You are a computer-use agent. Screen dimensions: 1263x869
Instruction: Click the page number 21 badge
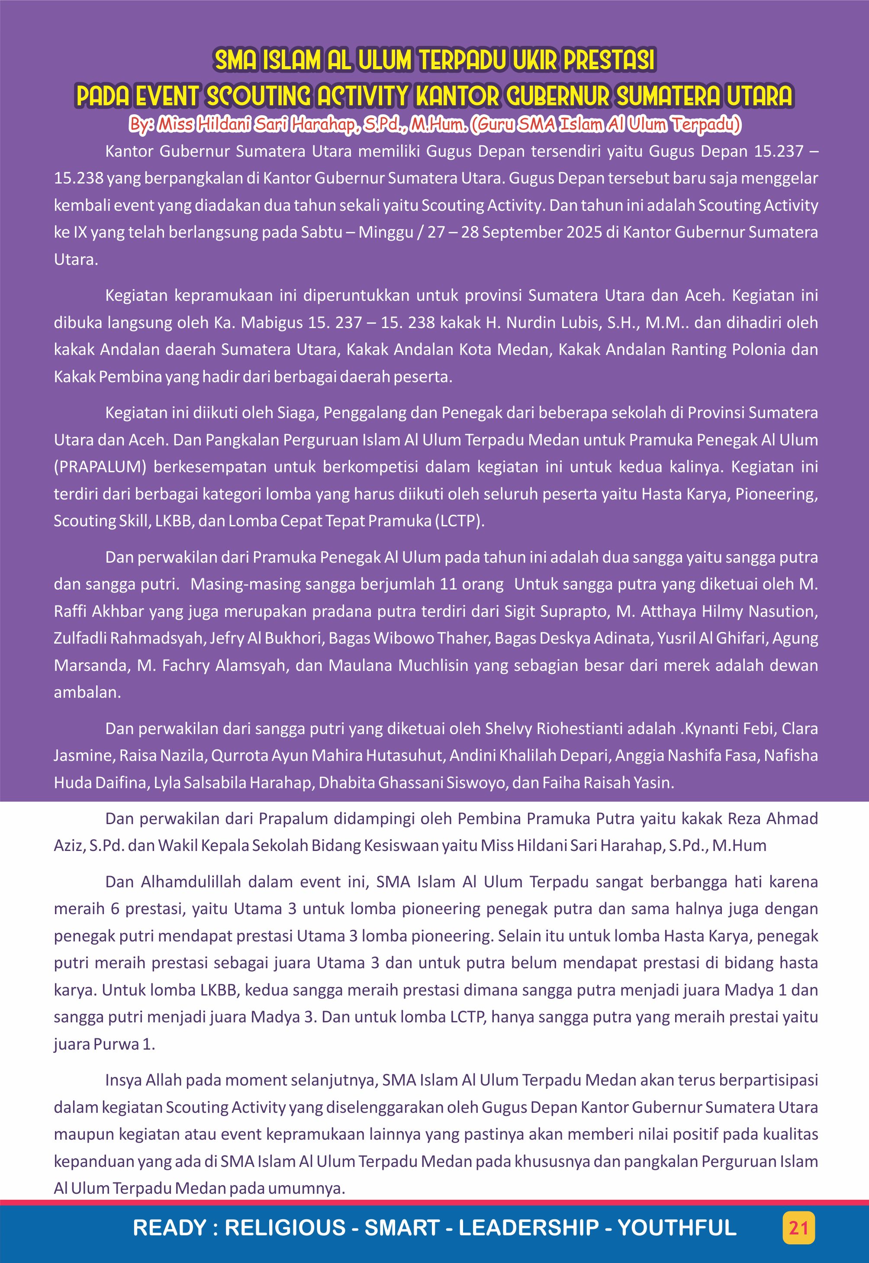click(798, 1228)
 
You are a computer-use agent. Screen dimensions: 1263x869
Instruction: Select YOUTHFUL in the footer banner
click(677, 1228)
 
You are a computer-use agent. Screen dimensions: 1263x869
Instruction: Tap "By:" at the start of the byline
click(141, 125)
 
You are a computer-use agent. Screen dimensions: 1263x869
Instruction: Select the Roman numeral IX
click(79, 232)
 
